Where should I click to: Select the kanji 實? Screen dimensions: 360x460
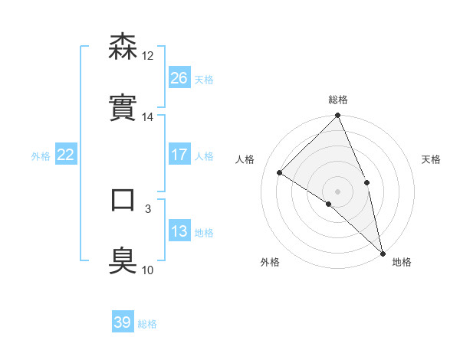click(123, 107)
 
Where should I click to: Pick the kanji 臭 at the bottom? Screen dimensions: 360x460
click(123, 260)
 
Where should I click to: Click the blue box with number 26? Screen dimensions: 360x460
click(179, 78)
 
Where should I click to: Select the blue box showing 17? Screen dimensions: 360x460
click(179, 155)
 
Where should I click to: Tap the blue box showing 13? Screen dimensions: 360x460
click(179, 231)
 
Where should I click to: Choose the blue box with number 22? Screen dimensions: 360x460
click(66, 155)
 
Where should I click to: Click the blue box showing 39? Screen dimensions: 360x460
click(123, 322)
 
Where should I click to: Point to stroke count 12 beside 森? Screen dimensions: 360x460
click(148, 55)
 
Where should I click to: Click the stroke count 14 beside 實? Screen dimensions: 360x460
click(148, 117)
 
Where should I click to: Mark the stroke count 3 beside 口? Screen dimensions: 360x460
click(148, 208)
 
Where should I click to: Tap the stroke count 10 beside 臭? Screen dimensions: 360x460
click(148, 270)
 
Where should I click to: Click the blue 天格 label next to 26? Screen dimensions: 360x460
click(204, 79)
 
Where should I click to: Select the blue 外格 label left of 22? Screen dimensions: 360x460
click(41, 155)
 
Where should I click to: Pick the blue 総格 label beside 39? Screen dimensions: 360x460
click(147, 324)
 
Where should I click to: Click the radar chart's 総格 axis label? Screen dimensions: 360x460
click(338, 100)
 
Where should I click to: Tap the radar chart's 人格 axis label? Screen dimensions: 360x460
click(245, 159)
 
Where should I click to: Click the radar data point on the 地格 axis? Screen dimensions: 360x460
click(383, 252)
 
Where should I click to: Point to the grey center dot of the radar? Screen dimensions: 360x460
click(337, 191)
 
